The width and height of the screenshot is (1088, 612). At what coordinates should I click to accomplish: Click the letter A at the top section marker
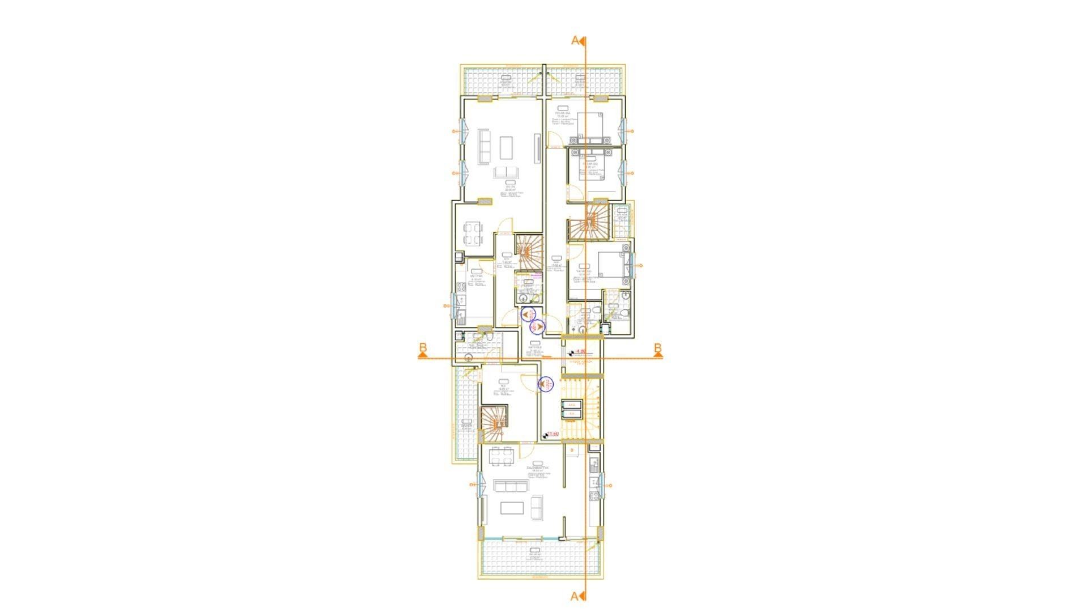tap(575, 40)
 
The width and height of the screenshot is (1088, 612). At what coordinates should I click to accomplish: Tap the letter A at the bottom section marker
tap(574, 596)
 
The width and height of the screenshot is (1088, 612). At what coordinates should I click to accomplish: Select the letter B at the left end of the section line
tap(423, 347)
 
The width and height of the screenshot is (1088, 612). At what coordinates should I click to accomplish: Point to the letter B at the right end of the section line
tap(657, 347)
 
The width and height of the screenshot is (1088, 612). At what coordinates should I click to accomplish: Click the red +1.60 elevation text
tap(552, 434)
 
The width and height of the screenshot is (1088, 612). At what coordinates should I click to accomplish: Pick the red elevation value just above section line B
tap(579, 352)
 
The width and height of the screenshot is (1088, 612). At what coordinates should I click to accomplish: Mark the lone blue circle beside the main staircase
tap(546, 384)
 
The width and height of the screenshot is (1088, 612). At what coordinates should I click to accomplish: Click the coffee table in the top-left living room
tap(110, 148)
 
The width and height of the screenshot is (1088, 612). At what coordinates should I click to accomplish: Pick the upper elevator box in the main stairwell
tap(571, 404)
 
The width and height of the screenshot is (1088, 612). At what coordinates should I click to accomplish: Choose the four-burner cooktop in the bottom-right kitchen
tap(594, 496)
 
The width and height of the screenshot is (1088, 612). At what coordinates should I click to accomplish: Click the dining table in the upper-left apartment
tap(472, 234)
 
